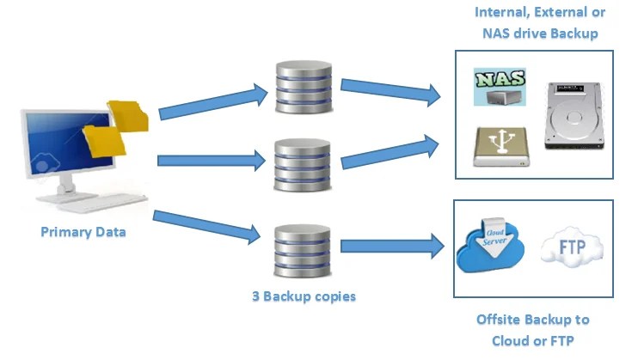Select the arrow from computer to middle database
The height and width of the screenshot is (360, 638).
click(211, 160)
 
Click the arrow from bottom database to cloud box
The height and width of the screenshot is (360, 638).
click(391, 247)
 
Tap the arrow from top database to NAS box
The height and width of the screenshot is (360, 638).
click(391, 93)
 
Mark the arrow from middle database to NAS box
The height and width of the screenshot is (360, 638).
click(391, 153)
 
